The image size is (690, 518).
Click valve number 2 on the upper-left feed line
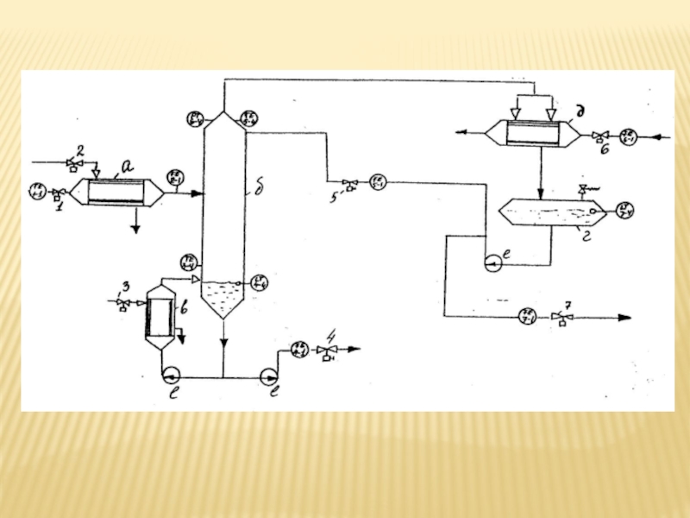tap(75, 162)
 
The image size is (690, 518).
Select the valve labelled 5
tap(349, 182)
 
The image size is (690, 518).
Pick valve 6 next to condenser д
tap(603, 136)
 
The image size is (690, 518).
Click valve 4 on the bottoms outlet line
tap(326, 350)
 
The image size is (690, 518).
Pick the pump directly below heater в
tap(170, 376)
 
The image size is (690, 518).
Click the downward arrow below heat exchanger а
tap(135, 226)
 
